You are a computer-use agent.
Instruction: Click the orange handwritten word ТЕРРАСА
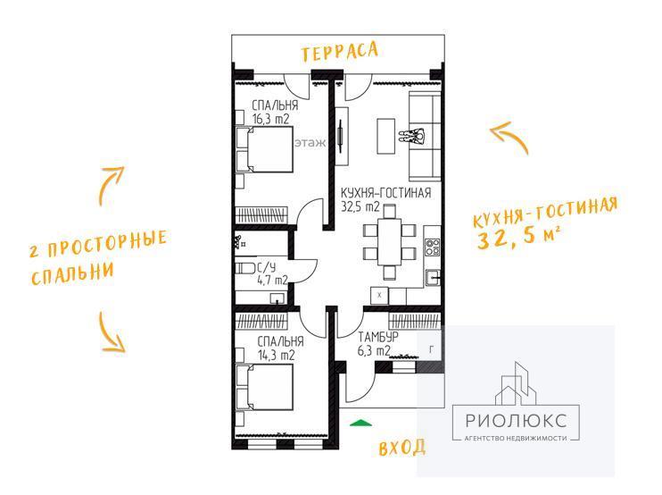339,51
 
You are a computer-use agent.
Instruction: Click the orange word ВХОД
401,448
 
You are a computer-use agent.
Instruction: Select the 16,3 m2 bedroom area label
270,119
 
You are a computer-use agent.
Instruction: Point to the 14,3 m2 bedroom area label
276,355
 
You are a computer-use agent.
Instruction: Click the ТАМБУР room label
378,337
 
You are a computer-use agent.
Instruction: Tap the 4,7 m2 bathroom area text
272,280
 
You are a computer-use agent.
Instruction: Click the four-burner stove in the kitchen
433,247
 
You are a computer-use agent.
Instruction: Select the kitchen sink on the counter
434,278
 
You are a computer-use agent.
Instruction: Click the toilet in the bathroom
244,268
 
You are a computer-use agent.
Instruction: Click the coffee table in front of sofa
386,136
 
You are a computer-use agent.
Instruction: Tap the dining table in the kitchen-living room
389,241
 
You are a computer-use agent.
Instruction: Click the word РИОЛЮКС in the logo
516,421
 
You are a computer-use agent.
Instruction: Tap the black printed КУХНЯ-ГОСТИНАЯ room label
386,193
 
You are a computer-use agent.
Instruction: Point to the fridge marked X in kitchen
379,295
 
